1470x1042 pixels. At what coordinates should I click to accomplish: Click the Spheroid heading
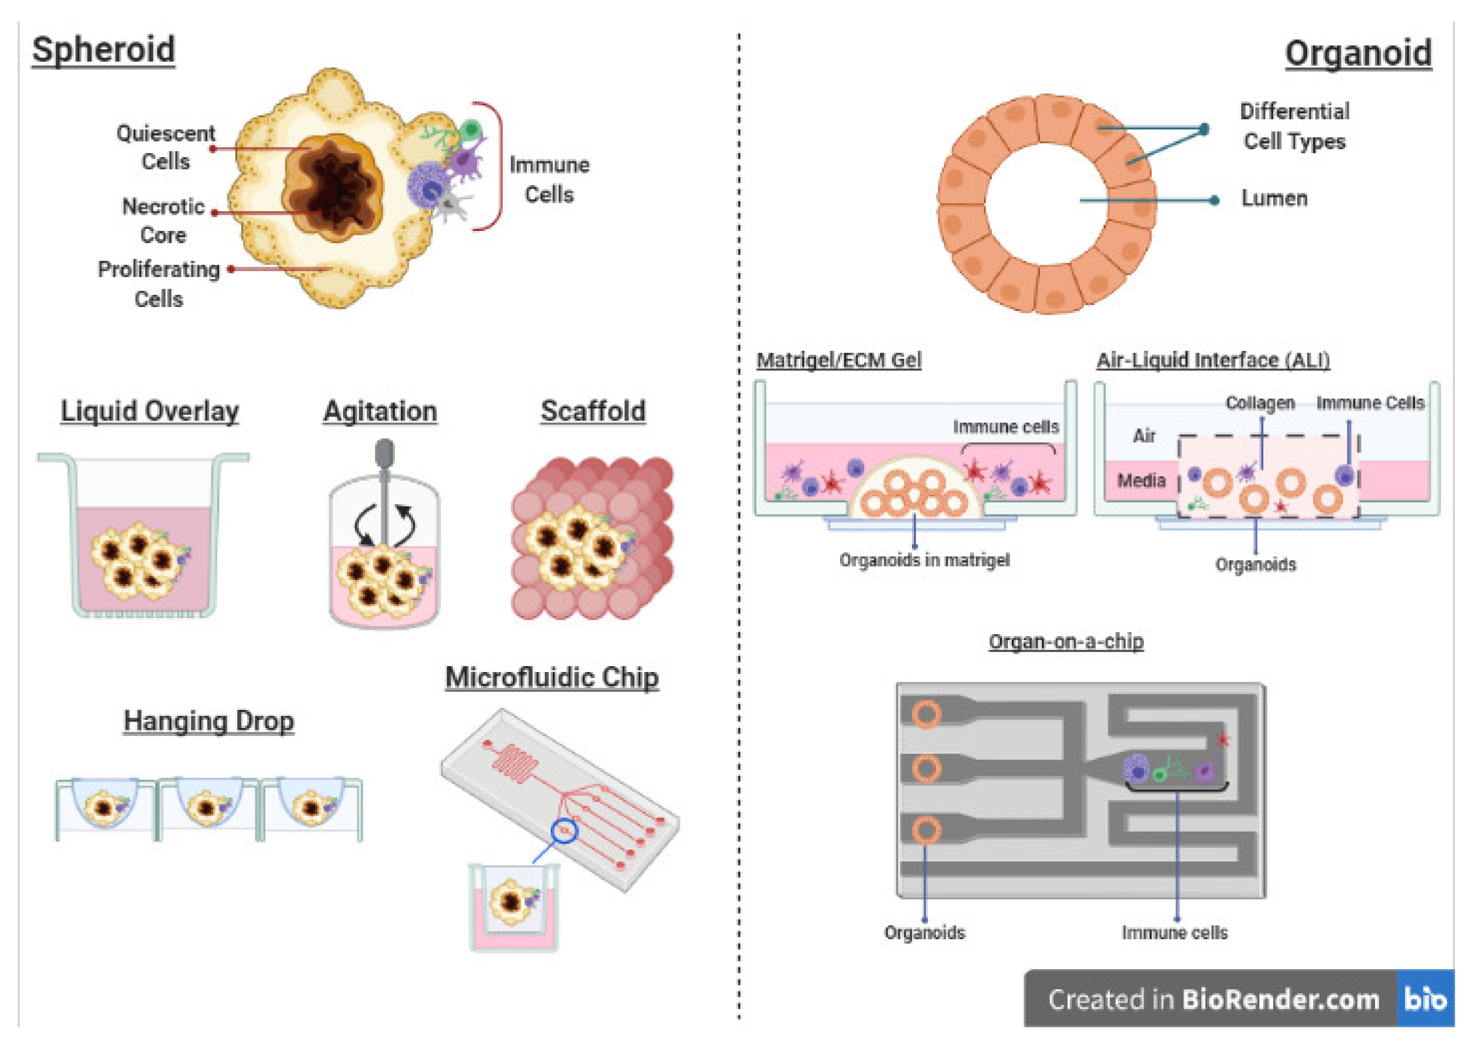point(103,50)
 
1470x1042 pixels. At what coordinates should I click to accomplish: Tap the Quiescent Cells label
point(165,147)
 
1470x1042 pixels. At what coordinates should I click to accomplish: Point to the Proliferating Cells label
point(159,284)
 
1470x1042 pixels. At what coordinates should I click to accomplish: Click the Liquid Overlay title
point(150,411)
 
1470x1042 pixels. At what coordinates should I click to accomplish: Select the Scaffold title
point(593,411)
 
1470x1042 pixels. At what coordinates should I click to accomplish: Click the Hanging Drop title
point(209,720)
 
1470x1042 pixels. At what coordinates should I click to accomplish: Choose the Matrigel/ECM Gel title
point(838,360)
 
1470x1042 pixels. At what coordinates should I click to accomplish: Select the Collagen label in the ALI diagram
point(1259,403)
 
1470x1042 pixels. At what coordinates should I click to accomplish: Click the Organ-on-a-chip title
point(1066,641)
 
